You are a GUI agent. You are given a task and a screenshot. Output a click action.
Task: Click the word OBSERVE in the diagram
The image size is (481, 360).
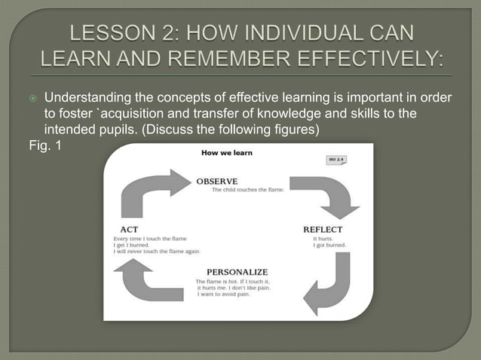tap(217, 182)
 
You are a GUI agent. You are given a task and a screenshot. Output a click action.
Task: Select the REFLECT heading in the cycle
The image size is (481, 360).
tap(323, 229)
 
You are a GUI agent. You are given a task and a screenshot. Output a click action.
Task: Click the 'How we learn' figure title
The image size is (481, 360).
tap(226, 153)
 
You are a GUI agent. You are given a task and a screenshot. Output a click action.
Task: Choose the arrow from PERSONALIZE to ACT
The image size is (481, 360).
tap(151, 282)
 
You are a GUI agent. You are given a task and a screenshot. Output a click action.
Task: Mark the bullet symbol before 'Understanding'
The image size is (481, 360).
tap(32, 99)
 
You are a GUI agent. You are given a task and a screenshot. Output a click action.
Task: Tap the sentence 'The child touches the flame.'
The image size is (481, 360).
tap(247, 190)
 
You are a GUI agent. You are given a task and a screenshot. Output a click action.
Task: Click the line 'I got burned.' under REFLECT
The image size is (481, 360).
tap(328, 246)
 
